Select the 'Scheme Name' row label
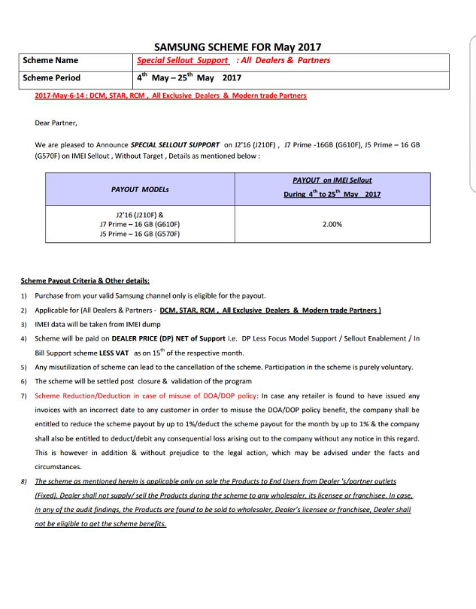tap(50, 60)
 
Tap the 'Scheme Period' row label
tap(51, 77)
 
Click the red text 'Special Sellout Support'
tap(182, 60)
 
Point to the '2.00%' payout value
tap(332, 224)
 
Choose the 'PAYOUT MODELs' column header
tap(140, 189)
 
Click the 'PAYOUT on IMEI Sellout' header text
tap(332, 180)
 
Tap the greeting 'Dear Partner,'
tap(56, 123)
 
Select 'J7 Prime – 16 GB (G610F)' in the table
tap(140, 224)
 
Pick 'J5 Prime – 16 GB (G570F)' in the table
tap(140, 234)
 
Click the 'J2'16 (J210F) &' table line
tap(140, 214)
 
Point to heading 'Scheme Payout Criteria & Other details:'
tap(85, 281)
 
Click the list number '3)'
tap(24, 324)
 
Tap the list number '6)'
tap(24, 382)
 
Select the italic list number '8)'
tap(24, 481)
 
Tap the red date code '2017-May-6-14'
tap(59, 96)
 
